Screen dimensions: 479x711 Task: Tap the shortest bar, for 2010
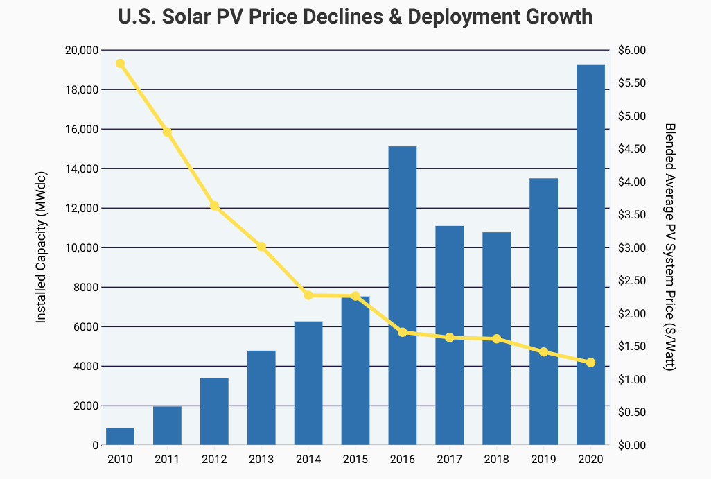(120, 437)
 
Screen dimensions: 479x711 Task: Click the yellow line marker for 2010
(120, 64)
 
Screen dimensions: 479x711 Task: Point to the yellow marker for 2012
(214, 206)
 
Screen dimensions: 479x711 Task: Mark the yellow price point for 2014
(308, 295)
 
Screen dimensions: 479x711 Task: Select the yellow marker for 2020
(591, 363)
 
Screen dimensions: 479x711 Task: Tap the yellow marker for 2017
(450, 338)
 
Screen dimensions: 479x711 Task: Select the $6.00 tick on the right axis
(631, 51)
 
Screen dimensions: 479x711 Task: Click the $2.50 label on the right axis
(631, 281)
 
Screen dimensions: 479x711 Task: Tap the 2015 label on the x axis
(355, 459)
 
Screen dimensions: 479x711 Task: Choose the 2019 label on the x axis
(544, 459)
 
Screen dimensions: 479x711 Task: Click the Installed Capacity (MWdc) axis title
(41, 247)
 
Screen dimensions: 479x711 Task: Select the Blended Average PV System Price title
(669, 247)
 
